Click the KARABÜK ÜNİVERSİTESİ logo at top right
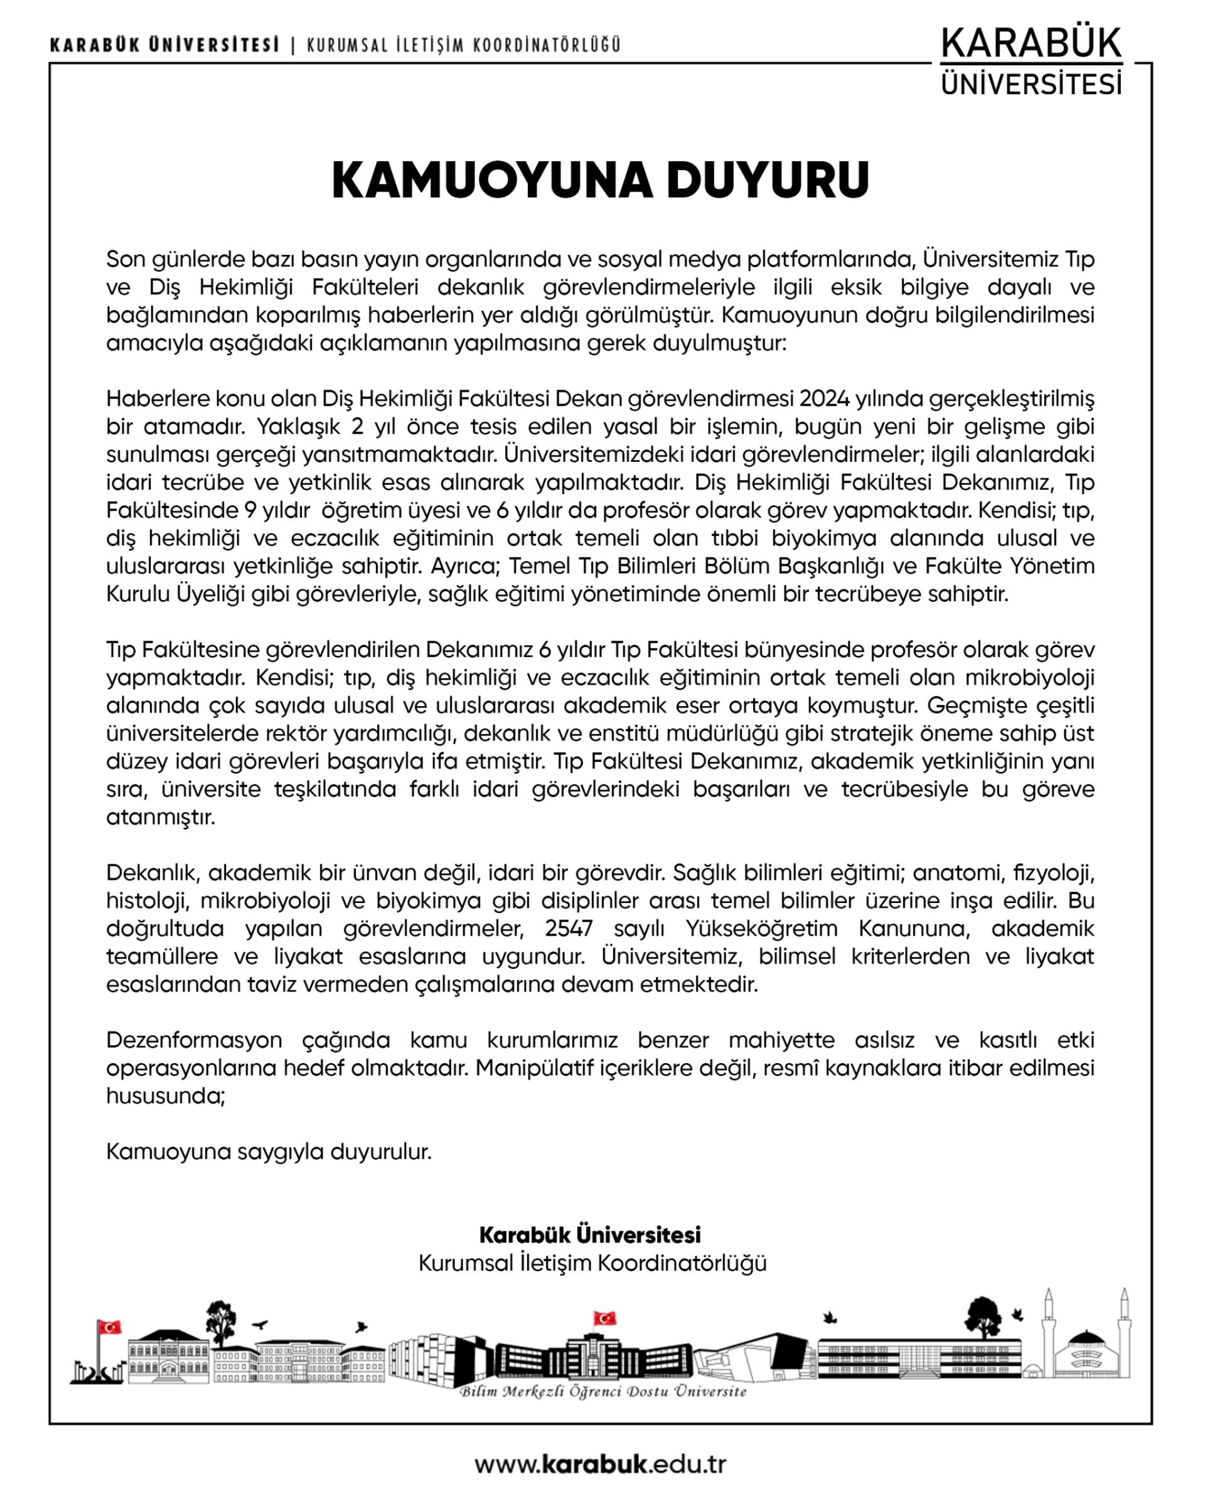pos(1031,61)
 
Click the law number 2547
pos(569,928)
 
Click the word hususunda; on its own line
pos(166,1096)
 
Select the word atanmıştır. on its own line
pos(161,817)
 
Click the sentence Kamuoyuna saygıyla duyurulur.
pos(269,1152)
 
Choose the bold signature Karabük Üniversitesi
pos(591,1235)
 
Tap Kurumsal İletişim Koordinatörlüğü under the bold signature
pos(592,1263)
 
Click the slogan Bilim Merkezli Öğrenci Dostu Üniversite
pos(602,1391)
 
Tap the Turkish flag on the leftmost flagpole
pos(110,1327)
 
